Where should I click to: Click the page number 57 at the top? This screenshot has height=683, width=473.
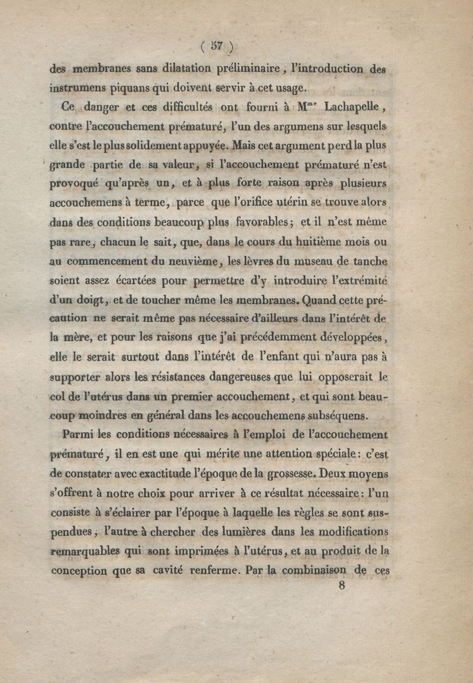pos(216,46)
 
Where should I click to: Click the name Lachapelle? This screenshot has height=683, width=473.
pos(353,108)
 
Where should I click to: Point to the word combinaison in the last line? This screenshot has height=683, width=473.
pos(309,570)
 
